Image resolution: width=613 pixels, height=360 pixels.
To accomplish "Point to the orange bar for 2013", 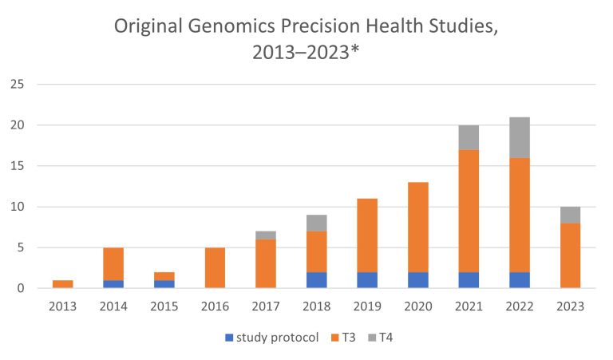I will pyautogui.click(x=62, y=283).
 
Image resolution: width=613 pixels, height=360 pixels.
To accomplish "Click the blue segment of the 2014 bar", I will pyautogui.click(x=113, y=283).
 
